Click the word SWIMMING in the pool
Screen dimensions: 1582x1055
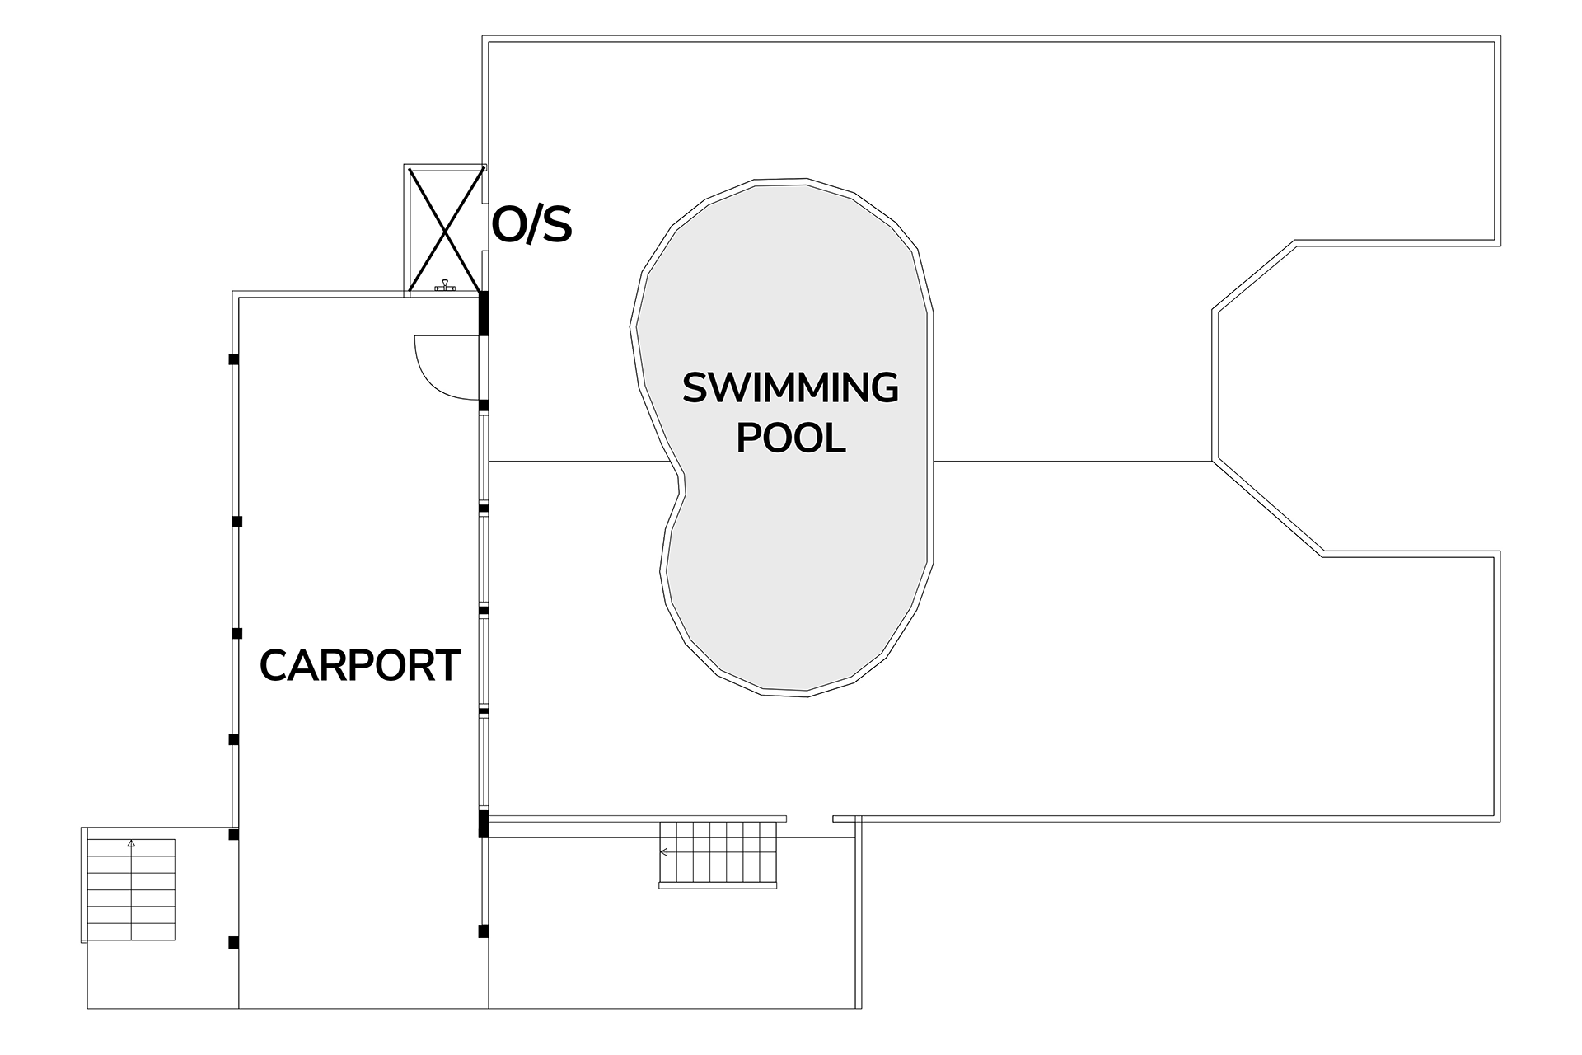(790, 388)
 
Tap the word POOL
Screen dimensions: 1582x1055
(791, 438)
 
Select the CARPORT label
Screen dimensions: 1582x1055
(360, 665)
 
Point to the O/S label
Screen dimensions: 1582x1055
(531, 225)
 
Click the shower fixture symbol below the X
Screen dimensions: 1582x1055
(445, 285)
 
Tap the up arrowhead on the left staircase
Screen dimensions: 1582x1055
(131, 843)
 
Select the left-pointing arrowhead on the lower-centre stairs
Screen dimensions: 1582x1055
(663, 852)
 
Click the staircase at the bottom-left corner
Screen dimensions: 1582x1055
(131, 889)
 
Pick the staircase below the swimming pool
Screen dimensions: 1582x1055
(718, 853)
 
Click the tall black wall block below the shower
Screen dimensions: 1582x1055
(484, 313)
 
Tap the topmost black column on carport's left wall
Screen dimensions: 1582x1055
(234, 359)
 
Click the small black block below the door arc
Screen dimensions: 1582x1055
(484, 406)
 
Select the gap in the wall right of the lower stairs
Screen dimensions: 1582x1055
(810, 818)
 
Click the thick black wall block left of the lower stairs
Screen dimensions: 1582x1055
(484, 824)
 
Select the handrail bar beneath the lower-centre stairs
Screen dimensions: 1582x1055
(718, 886)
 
